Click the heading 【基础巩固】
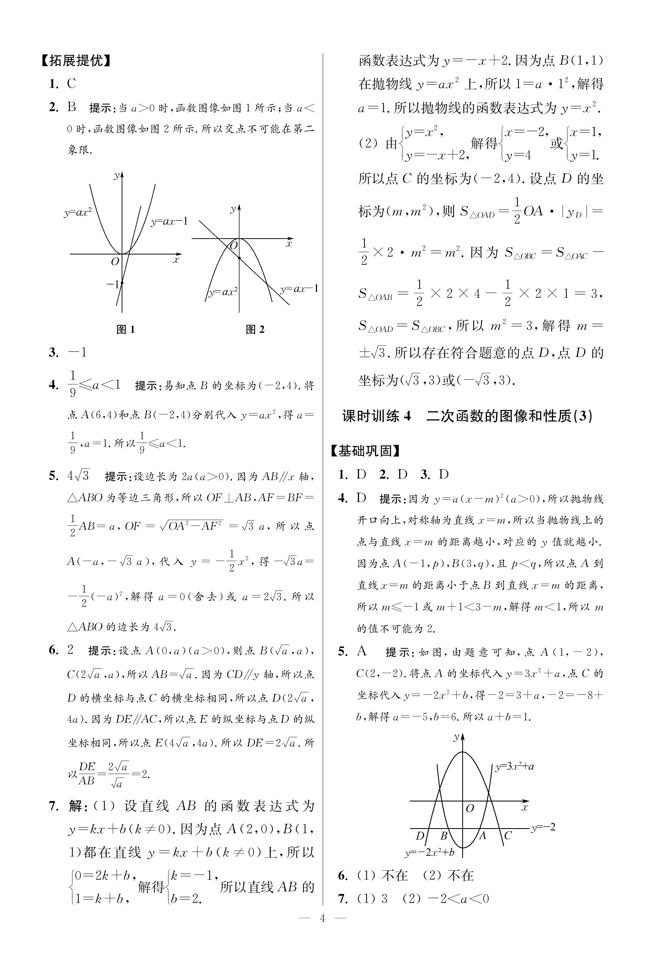click(365, 451)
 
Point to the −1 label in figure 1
click(112, 284)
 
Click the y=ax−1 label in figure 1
click(169, 222)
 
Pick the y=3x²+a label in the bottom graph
click(514, 766)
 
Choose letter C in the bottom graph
click(508, 835)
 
